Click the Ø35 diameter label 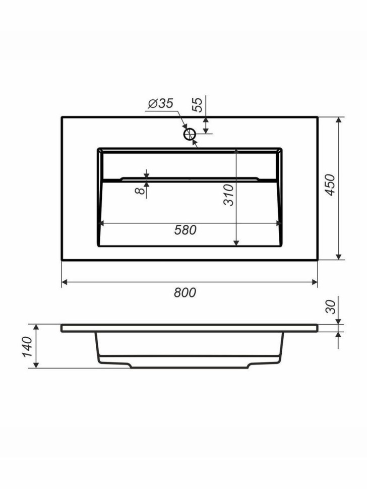tap(160, 103)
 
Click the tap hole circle tap(189, 135)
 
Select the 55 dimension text tap(198, 105)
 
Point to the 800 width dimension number tap(185, 292)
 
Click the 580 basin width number tap(185, 230)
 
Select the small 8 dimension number tap(141, 190)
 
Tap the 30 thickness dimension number tap(330, 307)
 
